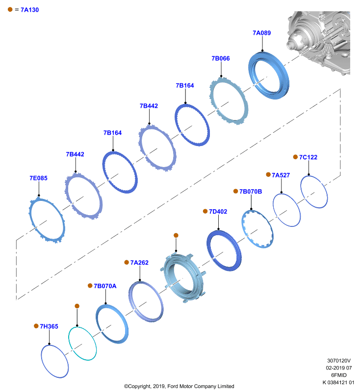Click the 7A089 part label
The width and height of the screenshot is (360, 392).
pyautogui.click(x=262, y=33)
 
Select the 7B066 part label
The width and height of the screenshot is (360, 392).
pyautogui.click(x=221, y=58)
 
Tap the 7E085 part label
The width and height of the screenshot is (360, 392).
pyautogui.click(x=39, y=178)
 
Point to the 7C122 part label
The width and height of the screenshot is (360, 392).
pyautogui.click(x=308, y=157)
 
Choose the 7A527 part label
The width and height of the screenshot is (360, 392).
pyautogui.click(x=281, y=175)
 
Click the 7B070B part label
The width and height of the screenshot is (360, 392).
pyautogui.click(x=251, y=192)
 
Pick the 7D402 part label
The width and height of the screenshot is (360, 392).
pyautogui.click(x=218, y=212)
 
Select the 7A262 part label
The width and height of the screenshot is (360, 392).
pyautogui.click(x=139, y=263)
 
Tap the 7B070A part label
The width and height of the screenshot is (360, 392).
pyautogui.click(x=105, y=286)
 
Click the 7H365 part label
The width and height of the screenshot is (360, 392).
pyautogui.click(x=49, y=326)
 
